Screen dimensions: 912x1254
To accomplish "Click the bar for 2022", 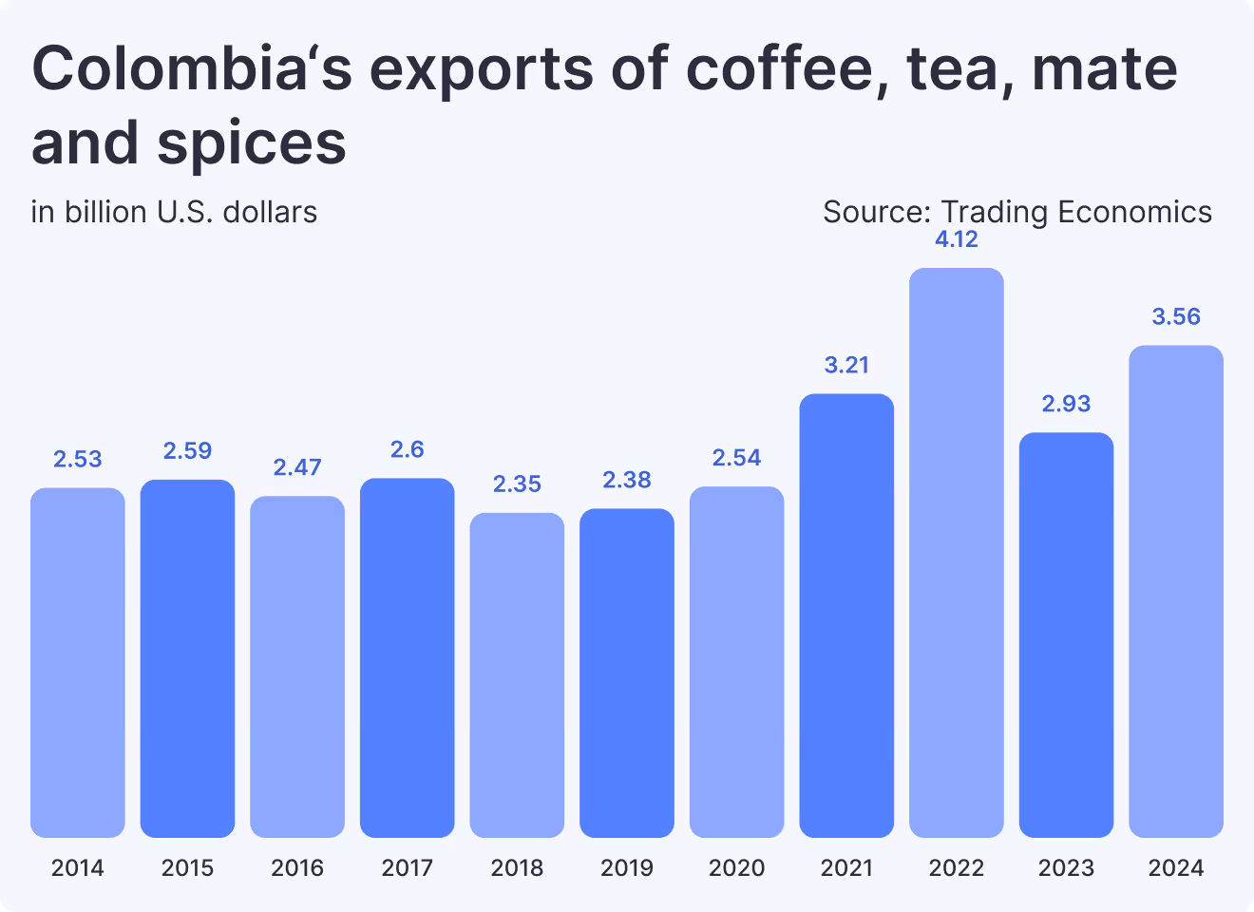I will point(956,552).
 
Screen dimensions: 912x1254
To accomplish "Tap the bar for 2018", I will point(517,674).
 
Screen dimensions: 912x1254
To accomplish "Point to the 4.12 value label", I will point(956,239).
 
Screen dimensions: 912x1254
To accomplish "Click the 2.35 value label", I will point(517,484).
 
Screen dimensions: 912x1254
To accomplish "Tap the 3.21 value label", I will point(846,365).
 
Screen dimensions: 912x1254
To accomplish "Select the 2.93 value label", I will point(1066,404).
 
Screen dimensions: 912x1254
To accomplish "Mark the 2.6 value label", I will point(408,449).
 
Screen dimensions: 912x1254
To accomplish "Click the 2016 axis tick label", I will point(297,867).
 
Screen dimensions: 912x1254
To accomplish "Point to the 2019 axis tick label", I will point(627,867).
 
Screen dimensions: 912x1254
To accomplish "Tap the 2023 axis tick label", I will point(1066,867).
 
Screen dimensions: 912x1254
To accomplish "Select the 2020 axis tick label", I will point(737,867).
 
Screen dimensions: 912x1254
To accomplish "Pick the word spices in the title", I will point(252,142).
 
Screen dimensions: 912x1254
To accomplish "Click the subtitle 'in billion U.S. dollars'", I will point(174,212).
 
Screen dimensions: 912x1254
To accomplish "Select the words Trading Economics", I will point(1076,212).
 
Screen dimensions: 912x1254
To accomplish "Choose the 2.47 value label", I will point(297,467).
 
